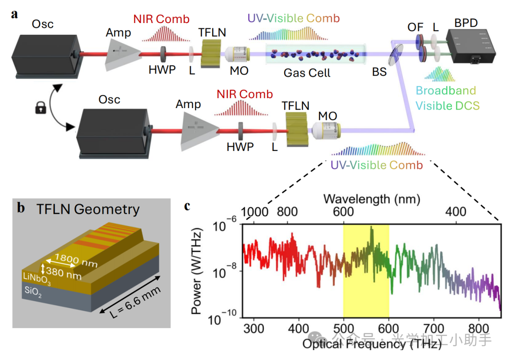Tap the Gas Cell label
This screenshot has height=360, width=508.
tap(307, 73)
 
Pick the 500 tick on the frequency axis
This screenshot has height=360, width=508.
tap(343, 328)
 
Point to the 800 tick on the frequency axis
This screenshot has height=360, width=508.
tap(478, 328)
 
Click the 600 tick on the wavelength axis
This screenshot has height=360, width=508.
tap(343, 212)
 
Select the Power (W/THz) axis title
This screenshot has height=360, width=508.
tap(199, 271)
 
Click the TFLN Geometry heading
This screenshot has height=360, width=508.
tap(87, 209)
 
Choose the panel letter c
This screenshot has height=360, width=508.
tap(187, 206)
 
